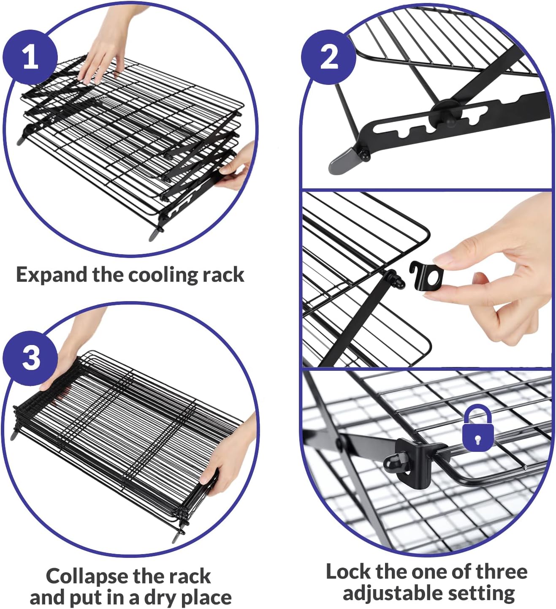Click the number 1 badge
[30, 57]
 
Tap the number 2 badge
[328, 57]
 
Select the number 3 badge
[30, 358]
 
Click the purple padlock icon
[477, 428]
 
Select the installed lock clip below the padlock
[416, 462]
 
